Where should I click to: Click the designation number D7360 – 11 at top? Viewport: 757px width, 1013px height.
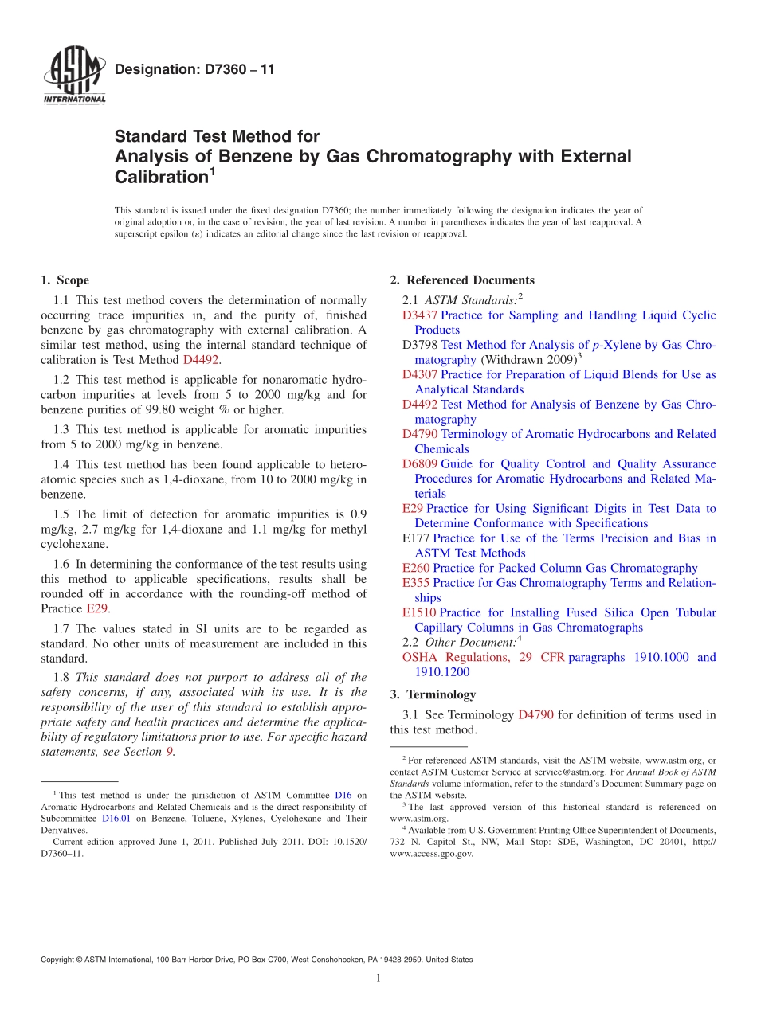[x=194, y=70]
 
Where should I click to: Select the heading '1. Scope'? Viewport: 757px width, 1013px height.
[x=65, y=280]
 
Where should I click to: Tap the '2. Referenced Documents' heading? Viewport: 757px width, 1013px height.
[x=462, y=280]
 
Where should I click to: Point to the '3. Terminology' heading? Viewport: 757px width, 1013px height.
[x=433, y=694]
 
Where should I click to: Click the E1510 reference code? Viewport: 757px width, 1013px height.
[x=419, y=613]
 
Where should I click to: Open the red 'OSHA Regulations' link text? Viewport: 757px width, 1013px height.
[x=455, y=658]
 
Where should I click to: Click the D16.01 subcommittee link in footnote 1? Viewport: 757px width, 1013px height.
[x=115, y=818]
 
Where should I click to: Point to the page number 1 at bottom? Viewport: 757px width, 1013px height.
[x=378, y=979]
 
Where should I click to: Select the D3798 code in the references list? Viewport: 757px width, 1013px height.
[x=420, y=346]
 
